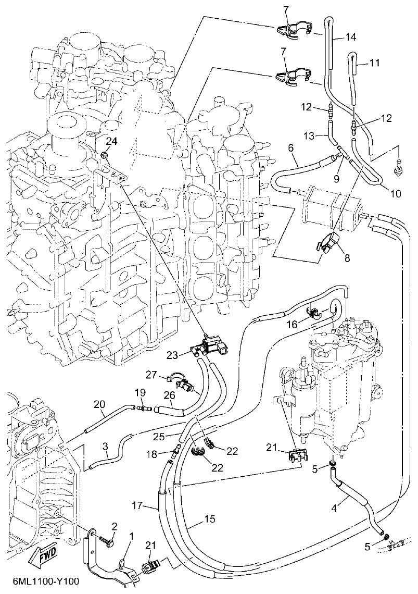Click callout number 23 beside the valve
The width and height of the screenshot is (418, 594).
pos(172,355)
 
